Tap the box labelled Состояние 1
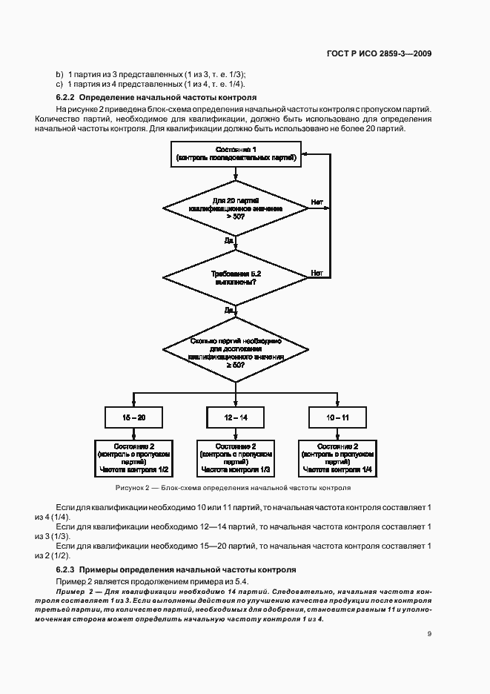236,153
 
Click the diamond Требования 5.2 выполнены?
236,277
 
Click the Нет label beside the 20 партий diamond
317,202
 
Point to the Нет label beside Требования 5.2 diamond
317,272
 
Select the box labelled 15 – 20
134,418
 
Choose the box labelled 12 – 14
236,418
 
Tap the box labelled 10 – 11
337,418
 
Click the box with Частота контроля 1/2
134,458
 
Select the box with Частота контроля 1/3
236,458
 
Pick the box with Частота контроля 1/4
337,458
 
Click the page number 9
430,633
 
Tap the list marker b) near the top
59,73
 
